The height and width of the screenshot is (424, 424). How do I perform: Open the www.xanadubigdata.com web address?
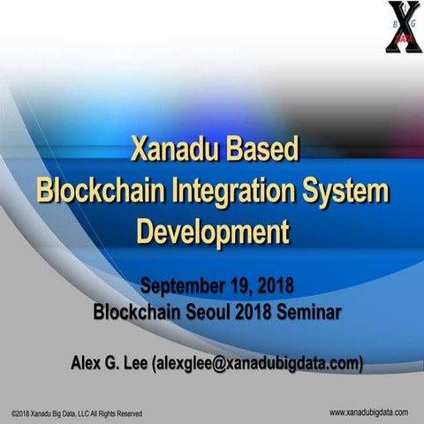tap(368, 412)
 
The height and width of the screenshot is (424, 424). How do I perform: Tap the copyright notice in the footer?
tap(76, 413)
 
